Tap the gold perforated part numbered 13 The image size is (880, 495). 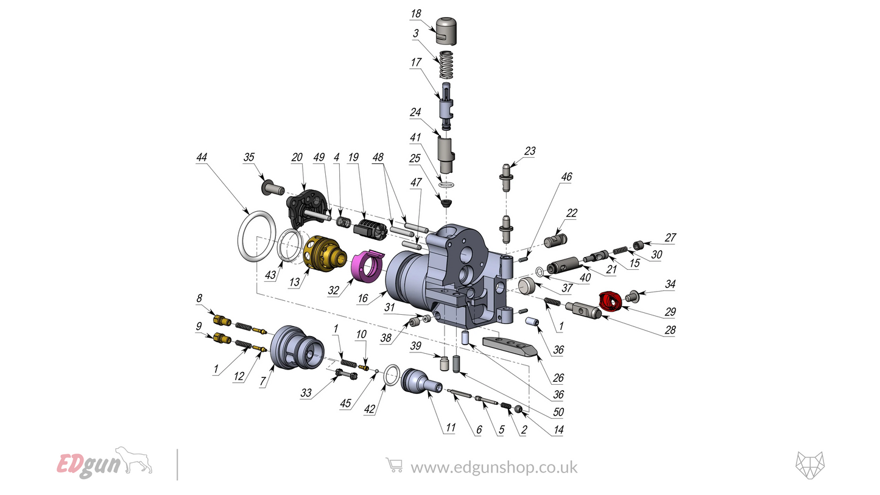323,252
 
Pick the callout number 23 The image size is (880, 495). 530,151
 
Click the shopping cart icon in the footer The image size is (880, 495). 394,466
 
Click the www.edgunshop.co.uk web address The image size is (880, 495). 494,467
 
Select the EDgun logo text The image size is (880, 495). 82,465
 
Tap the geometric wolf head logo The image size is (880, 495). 809,466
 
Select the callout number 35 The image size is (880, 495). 249,157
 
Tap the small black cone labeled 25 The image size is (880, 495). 447,201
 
